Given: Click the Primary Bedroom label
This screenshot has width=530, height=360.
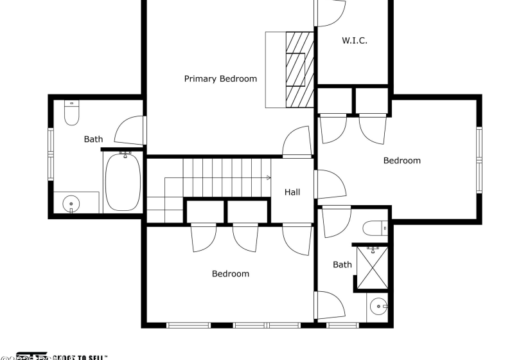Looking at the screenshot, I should coord(220,79).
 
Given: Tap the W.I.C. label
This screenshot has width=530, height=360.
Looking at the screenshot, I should coord(354,40).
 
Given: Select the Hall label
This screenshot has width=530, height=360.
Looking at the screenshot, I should coord(292,192).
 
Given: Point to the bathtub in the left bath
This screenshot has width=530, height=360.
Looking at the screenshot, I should coord(123,181).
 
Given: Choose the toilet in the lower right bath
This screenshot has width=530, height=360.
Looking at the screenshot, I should coord(374,228).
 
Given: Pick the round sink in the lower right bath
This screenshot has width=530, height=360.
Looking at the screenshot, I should coord(378,307).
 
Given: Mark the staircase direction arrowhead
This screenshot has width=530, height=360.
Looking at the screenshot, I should coord(268,177).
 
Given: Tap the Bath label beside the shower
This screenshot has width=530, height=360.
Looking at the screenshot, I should coord(342,264).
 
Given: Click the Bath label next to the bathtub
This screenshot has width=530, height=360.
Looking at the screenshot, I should coord(93,139).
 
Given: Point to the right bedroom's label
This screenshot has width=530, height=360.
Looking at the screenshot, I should coord(402,161).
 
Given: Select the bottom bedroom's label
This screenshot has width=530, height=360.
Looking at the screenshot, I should coord(230,274).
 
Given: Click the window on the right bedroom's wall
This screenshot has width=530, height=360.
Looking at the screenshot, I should coord(479,160).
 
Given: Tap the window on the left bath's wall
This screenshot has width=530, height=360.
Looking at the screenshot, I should coord(50,154).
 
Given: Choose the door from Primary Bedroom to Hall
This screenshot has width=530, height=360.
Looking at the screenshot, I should coord(296,143).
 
